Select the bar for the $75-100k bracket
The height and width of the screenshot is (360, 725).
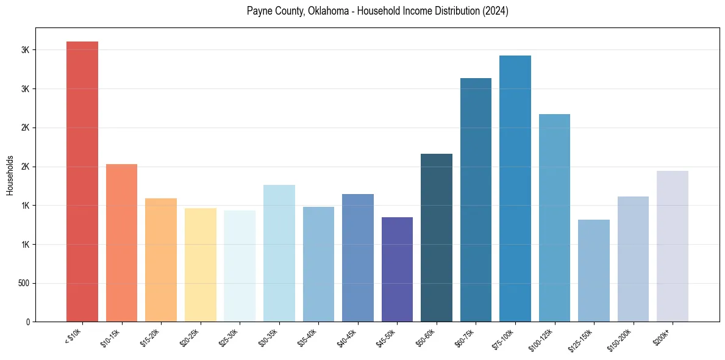coord(515,189)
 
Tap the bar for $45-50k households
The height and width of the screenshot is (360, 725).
coord(397,269)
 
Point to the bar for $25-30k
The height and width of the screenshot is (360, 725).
coord(240,266)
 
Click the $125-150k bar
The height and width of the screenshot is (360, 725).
coord(594,270)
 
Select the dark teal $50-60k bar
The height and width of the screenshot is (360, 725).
coord(437,237)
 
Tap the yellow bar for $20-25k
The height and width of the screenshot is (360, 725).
coord(201,265)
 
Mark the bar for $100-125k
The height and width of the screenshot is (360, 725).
coord(554,218)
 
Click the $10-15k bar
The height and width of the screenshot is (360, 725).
coord(121,243)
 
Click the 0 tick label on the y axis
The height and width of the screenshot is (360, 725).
coord(28,322)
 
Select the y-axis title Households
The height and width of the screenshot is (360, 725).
coord(10,176)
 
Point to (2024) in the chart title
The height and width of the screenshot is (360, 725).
coord(497,12)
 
